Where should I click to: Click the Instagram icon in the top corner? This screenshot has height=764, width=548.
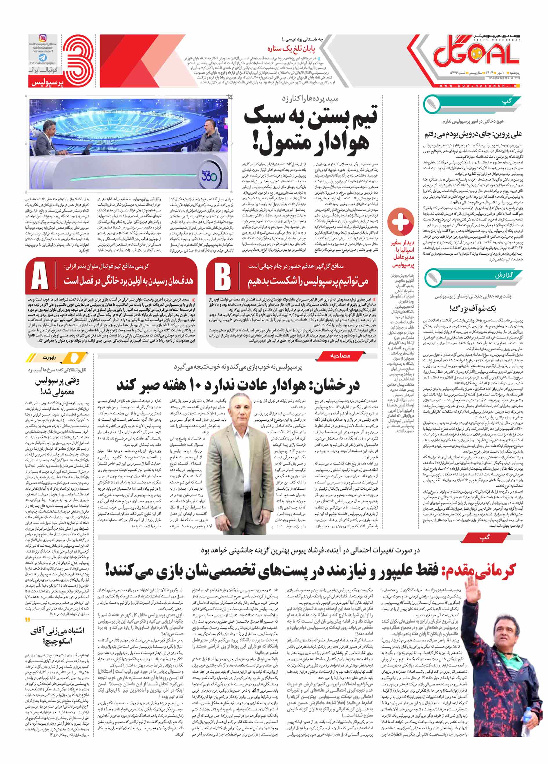(43, 38)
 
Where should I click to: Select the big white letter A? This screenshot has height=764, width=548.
(40, 276)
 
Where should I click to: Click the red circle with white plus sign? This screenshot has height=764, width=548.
(400, 221)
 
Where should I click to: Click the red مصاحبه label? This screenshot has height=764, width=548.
(340, 356)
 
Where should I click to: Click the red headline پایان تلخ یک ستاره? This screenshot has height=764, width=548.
(291, 49)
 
